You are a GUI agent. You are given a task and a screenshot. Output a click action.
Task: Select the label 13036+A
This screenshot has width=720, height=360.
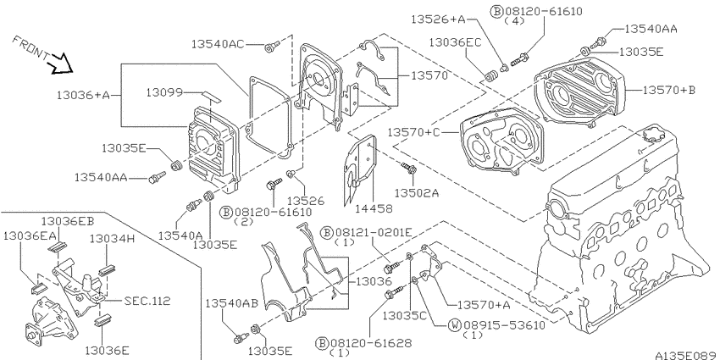[84, 95]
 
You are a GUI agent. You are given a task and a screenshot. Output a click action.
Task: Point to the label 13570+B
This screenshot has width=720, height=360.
[668, 90]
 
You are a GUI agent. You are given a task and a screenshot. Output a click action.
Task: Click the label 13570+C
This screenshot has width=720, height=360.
[413, 132]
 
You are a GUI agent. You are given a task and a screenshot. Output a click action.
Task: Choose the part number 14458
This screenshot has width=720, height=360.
[374, 208]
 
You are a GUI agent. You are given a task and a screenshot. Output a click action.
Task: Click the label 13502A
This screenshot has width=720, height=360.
[417, 193]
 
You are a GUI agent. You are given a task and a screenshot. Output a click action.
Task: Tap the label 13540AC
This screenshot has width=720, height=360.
[218, 44]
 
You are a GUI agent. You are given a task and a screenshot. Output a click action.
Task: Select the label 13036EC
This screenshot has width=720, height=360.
[455, 42]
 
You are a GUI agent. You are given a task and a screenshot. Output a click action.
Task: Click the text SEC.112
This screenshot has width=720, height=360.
[147, 302]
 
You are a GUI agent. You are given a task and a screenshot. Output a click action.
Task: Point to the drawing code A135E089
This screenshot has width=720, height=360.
[685, 356]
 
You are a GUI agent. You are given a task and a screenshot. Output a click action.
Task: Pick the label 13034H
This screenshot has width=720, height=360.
[112, 238]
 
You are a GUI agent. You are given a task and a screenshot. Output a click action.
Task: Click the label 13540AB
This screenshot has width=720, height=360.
[231, 303]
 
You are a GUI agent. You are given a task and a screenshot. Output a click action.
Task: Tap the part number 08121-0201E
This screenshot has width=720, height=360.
[374, 233]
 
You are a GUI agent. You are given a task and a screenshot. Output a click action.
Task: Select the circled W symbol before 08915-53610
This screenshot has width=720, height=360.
[454, 325]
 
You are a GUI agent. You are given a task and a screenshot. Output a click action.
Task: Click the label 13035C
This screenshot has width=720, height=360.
[405, 315]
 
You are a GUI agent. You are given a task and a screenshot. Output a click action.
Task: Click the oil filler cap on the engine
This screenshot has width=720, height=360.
[653, 135]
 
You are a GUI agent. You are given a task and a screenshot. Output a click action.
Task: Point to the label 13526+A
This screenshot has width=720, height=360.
[438, 19]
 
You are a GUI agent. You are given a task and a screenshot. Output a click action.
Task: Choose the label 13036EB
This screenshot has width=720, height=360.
[68, 221]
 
